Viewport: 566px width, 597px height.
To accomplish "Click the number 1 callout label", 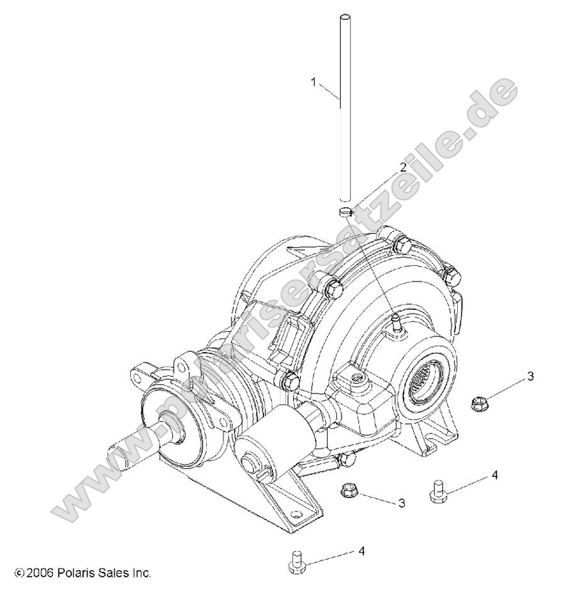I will (314, 81).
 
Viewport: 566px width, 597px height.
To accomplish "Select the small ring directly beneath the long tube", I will (344, 213).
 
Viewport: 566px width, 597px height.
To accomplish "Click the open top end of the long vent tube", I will (344, 17).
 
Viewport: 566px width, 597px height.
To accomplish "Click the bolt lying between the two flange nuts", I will (438, 491).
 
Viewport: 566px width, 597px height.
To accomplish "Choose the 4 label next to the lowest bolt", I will (361, 550).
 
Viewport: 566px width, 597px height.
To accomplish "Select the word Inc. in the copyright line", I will (141, 573).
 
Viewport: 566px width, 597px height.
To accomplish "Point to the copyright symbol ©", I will (18, 574).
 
